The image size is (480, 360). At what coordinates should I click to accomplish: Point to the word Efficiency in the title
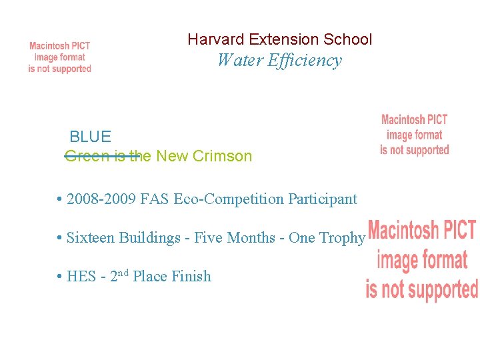[x=304, y=61]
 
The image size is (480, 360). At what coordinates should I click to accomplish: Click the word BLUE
[x=90, y=137]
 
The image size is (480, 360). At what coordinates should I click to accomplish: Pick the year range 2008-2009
[x=101, y=199]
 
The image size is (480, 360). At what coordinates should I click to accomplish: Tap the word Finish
[x=192, y=276]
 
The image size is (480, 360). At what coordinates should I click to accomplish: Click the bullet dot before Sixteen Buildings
[x=60, y=238]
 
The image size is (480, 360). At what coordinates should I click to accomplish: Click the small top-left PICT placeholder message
[x=59, y=57]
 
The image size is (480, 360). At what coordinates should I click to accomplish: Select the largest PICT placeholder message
[x=422, y=260]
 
